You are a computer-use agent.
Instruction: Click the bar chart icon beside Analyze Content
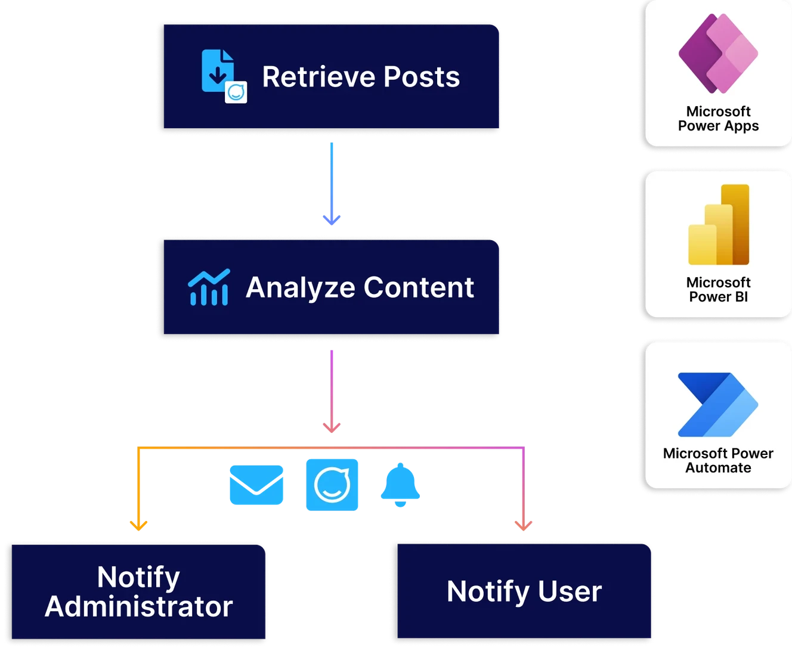click(209, 287)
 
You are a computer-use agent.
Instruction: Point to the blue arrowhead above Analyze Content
click(332, 220)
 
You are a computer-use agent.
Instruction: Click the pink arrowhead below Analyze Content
click(332, 426)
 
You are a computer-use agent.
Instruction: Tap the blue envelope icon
click(256, 485)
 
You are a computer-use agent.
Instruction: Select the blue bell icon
click(400, 485)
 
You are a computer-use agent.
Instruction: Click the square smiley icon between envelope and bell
click(332, 485)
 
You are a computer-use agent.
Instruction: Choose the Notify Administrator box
click(138, 591)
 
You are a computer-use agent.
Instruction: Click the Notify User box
click(524, 591)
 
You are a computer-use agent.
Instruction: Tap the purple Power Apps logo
click(718, 53)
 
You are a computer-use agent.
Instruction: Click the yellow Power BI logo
click(718, 225)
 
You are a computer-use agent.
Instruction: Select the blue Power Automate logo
click(718, 405)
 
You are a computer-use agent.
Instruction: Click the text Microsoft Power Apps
click(718, 119)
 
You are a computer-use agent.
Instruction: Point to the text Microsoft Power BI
click(718, 290)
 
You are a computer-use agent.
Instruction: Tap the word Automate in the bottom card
click(718, 468)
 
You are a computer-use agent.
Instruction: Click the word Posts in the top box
click(421, 77)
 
